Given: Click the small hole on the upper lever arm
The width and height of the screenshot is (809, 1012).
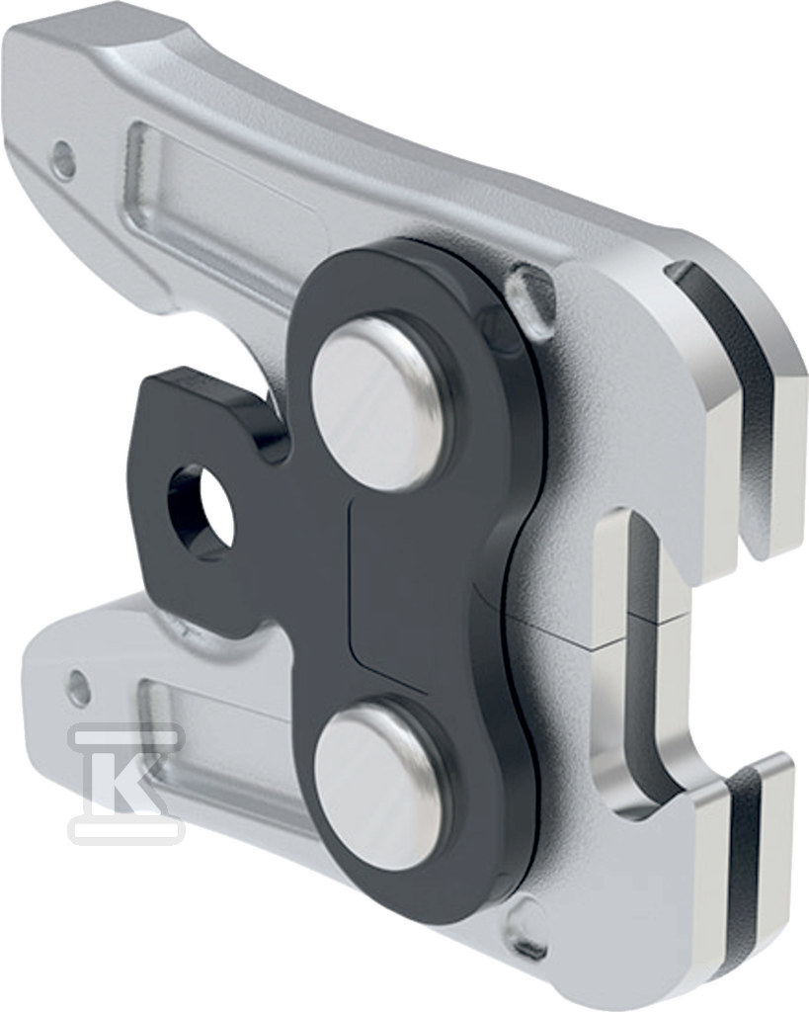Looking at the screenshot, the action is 62,153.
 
